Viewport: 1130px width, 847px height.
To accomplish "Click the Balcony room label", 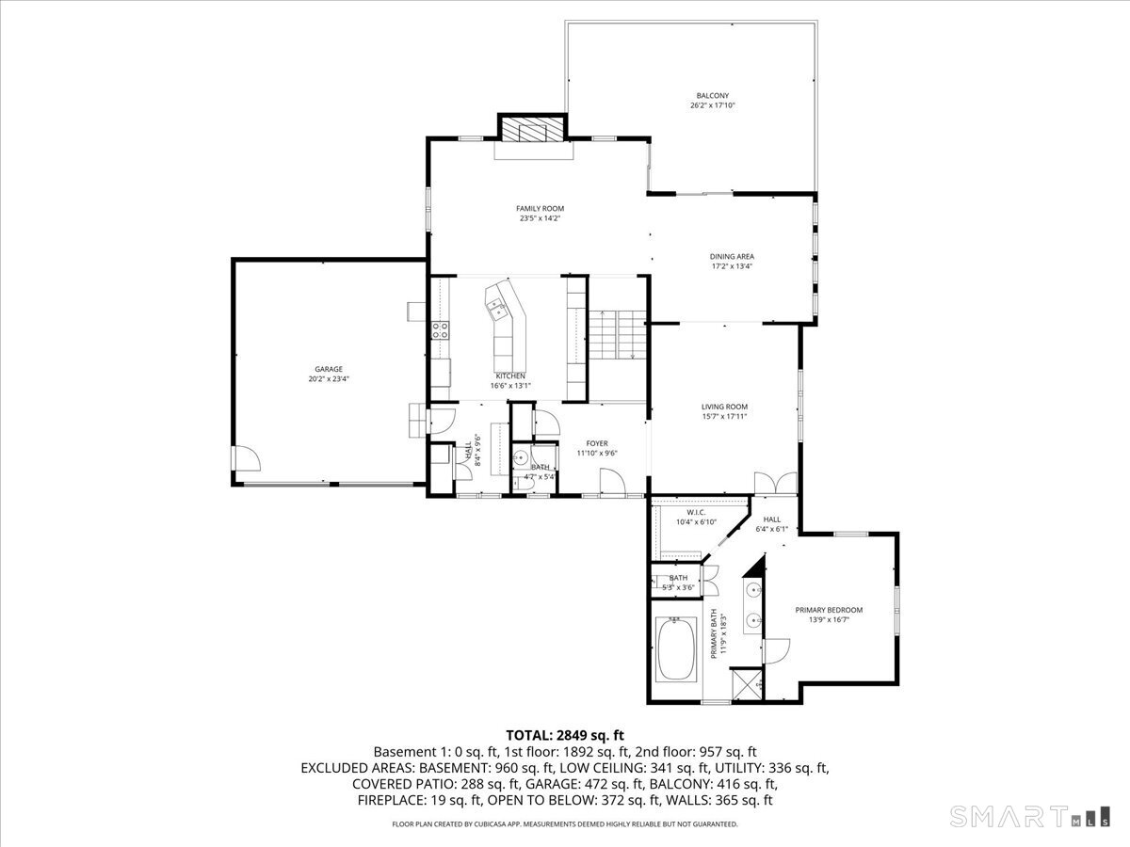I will click(712, 96).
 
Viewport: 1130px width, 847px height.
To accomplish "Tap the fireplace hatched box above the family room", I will click(533, 130).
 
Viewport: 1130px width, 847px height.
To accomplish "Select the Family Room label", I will click(540, 209).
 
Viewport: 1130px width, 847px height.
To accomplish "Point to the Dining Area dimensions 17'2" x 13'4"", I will click(732, 266).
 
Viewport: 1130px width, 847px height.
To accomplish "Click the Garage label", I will click(329, 369).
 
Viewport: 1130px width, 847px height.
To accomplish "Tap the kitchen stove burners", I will click(440, 329).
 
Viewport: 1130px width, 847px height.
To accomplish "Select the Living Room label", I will click(724, 407).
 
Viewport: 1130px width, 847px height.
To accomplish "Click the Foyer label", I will click(597, 443).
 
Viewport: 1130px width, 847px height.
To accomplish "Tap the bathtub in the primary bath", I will click(675, 649).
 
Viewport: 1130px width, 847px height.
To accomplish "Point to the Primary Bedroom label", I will click(829, 610).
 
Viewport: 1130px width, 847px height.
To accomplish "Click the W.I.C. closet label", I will click(696, 512).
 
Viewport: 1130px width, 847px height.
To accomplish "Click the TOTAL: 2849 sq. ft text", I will click(565, 735).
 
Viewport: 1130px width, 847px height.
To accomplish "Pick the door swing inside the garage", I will click(247, 459).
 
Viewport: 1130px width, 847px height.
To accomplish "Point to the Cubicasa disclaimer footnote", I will click(565, 824).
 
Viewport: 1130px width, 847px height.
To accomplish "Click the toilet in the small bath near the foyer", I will click(520, 458).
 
